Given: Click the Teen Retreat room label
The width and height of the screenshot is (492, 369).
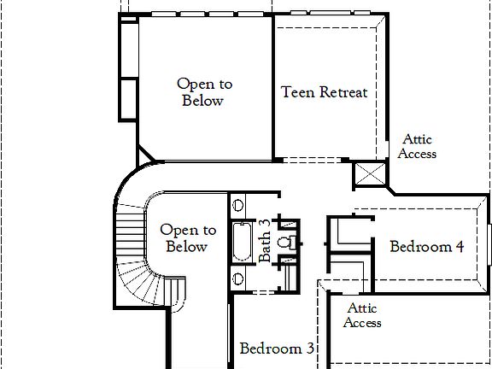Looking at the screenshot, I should pos(325,92).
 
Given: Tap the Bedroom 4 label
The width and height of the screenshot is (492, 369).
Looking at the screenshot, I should pos(426,247).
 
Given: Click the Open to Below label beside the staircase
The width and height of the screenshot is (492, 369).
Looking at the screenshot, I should pos(188,238).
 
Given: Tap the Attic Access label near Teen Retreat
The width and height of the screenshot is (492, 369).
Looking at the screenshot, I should pos(418,147).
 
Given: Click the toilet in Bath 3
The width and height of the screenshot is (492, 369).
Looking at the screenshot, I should pos(292,242).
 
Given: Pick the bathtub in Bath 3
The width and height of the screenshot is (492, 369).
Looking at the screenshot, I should pos(242,243).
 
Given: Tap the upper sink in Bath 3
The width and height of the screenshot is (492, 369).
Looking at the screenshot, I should pos(238,205).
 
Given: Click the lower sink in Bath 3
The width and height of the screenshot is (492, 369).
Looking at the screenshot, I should pos(238,279).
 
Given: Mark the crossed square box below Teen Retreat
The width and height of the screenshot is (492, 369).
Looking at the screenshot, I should pos(370,175).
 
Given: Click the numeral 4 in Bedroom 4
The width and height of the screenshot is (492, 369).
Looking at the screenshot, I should pos(460,247).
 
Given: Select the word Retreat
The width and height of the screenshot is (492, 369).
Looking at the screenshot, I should pos(343,92).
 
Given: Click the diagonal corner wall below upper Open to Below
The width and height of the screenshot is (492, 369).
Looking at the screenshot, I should pos(146,152).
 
